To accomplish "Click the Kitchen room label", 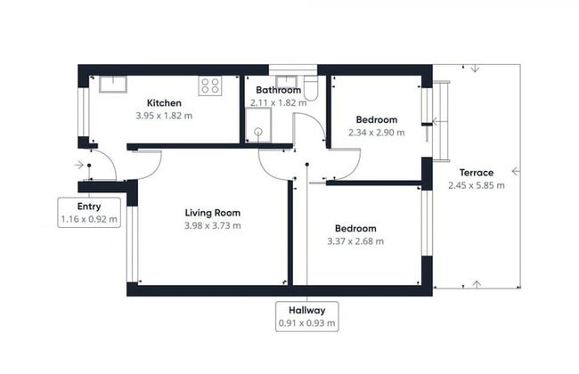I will click(x=165, y=102).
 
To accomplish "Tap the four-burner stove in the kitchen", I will click(x=210, y=86).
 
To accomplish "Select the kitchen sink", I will click(x=113, y=84).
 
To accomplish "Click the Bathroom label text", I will click(x=279, y=90).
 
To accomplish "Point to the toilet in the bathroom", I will click(x=310, y=87).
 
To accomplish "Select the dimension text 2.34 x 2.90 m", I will click(x=376, y=133).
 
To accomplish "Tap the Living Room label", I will click(x=212, y=213).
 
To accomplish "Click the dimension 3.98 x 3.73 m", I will click(x=212, y=226).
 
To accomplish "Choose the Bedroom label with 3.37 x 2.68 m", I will click(x=355, y=228).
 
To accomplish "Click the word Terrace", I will click(x=477, y=172).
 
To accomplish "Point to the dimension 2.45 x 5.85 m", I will click(x=477, y=186).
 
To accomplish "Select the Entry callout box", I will click(x=89, y=213).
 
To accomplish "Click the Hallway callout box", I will click(x=306, y=316).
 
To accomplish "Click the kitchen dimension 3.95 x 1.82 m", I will click(x=165, y=115).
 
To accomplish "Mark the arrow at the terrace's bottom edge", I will click(x=477, y=284).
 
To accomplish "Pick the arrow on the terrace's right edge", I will click(x=515, y=172).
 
